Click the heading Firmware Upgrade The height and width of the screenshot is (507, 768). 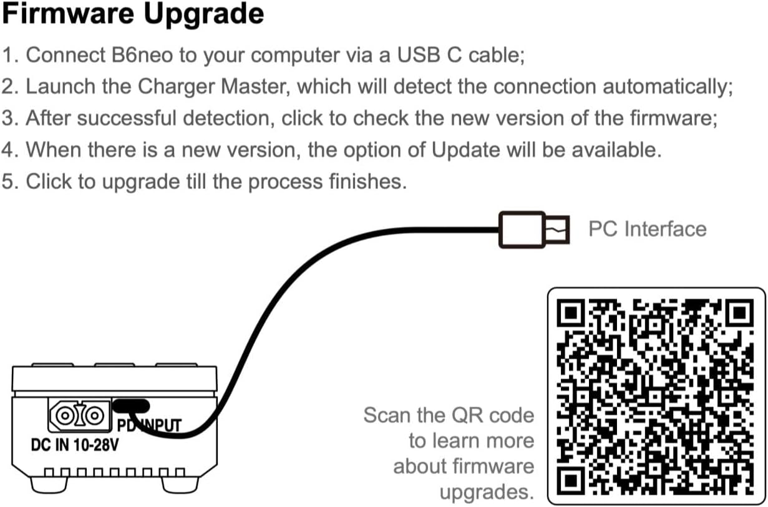(x=132, y=14)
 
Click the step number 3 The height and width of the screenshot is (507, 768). (x=9, y=118)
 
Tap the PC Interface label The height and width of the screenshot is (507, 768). (x=647, y=229)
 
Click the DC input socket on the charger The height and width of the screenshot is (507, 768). (x=79, y=415)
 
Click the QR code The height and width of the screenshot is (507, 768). (x=656, y=395)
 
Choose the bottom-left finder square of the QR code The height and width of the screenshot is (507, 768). (x=573, y=478)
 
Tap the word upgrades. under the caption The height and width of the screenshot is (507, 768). (x=487, y=493)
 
